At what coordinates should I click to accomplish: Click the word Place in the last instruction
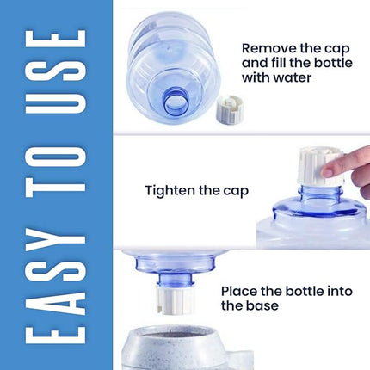pos(238,291)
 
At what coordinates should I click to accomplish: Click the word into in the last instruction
pos(340,291)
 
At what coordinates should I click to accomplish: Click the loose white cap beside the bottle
pos(230,112)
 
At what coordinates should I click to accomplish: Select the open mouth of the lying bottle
pos(176,103)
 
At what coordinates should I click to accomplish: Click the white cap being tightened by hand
pos(321,166)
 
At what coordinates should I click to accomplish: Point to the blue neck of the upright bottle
pos(320,194)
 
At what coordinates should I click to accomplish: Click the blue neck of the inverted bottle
pos(176,278)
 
